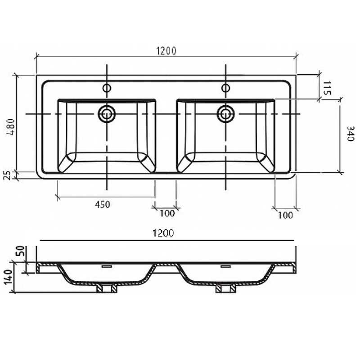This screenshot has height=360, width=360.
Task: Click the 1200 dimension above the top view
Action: click(166, 51)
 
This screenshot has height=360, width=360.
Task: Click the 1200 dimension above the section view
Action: click(163, 233)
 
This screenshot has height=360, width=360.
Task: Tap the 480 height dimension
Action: click(11, 127)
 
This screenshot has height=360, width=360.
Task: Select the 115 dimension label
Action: click(327, 88)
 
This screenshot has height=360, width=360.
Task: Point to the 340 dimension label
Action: click(351, 133)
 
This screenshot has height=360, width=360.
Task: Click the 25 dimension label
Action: click(8, 175)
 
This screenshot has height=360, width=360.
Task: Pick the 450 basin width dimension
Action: click(103, 204)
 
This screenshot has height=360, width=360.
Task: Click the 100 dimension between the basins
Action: click(167, 213)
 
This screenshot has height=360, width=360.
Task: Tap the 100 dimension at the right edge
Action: click(285, 216)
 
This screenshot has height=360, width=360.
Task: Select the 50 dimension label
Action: click(20, 251)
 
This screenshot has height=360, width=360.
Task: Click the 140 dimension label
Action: click(9, 277)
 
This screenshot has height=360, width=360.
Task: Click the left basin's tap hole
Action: click(107, 88)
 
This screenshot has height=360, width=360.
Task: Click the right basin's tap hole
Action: click(226, 88)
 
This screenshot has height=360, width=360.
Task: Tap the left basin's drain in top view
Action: click(107, 114)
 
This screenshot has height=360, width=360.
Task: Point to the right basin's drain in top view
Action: click(226, 114)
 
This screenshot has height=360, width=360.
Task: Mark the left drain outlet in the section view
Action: click(107, 288)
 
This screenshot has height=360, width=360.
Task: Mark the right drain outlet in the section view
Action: click(226, 288)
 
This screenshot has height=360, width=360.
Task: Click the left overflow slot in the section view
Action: click(107, 266)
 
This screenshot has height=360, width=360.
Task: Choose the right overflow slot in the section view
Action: click(226, 266)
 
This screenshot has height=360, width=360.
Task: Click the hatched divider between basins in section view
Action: click(166, 265)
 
